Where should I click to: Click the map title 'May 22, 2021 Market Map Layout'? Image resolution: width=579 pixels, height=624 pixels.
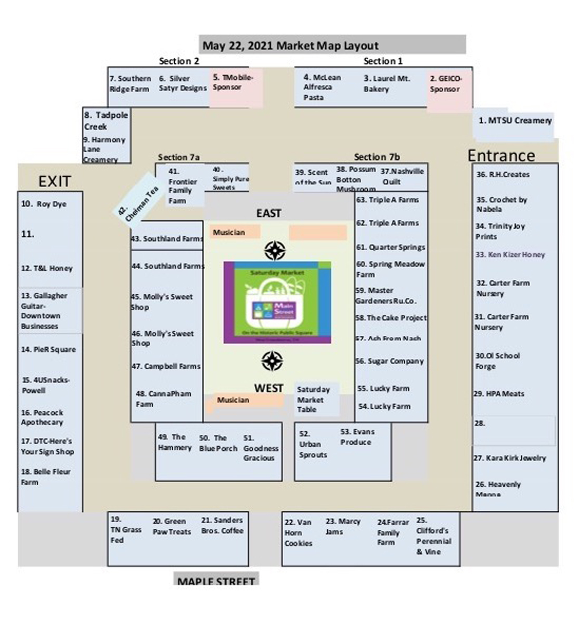click(x=290, y=45)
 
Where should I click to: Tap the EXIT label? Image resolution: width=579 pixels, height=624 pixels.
click(x=54, y=181)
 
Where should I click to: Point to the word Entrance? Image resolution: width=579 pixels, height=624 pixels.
click(x=501, y=155)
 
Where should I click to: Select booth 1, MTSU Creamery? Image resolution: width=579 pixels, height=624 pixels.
click(x=514, y=121)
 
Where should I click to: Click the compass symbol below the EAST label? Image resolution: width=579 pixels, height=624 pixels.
click(x=274, y=251)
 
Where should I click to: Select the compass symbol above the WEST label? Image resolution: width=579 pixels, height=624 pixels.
click(x=272, y=360)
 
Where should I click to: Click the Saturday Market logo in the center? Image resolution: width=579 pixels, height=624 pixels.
click(x=277, y=302)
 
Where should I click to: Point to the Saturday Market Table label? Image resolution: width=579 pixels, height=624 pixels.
click(x=313, y=399)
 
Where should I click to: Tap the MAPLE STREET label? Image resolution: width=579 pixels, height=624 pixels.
click(x=216, y=580)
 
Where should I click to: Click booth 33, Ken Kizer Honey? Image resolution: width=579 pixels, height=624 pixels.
click(x=510, y=255)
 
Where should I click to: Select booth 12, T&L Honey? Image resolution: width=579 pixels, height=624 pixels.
click(x=47, y=268)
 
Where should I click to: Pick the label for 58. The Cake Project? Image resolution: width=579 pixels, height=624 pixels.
click(x=391, y=318)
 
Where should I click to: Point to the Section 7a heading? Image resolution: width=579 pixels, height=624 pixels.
click(x=178, y=157)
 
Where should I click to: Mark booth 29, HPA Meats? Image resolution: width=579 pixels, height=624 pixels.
click(x=499, y=394)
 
